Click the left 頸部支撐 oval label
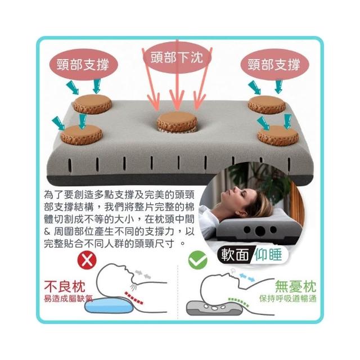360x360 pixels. point(83,65)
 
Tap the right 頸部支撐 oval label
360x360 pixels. point(274,64)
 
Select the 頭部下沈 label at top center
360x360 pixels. point(177,57)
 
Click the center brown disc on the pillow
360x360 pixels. point(177,121)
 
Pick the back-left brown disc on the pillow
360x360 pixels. point(92,104)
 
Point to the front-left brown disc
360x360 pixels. point(81,135)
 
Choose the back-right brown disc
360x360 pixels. point(267,105)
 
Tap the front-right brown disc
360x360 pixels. point(278,136)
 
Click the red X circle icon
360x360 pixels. point(87,260)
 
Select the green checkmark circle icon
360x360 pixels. point(197,260)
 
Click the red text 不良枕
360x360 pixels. point(65,286)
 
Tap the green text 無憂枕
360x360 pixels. point(295,286)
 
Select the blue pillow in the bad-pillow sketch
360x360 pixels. point(109,305)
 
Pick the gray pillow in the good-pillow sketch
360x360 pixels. point(214,308)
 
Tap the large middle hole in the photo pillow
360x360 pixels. point(260,231)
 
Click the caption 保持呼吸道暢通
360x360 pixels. point(288,299)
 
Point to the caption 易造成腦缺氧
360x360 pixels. point(69,298)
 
